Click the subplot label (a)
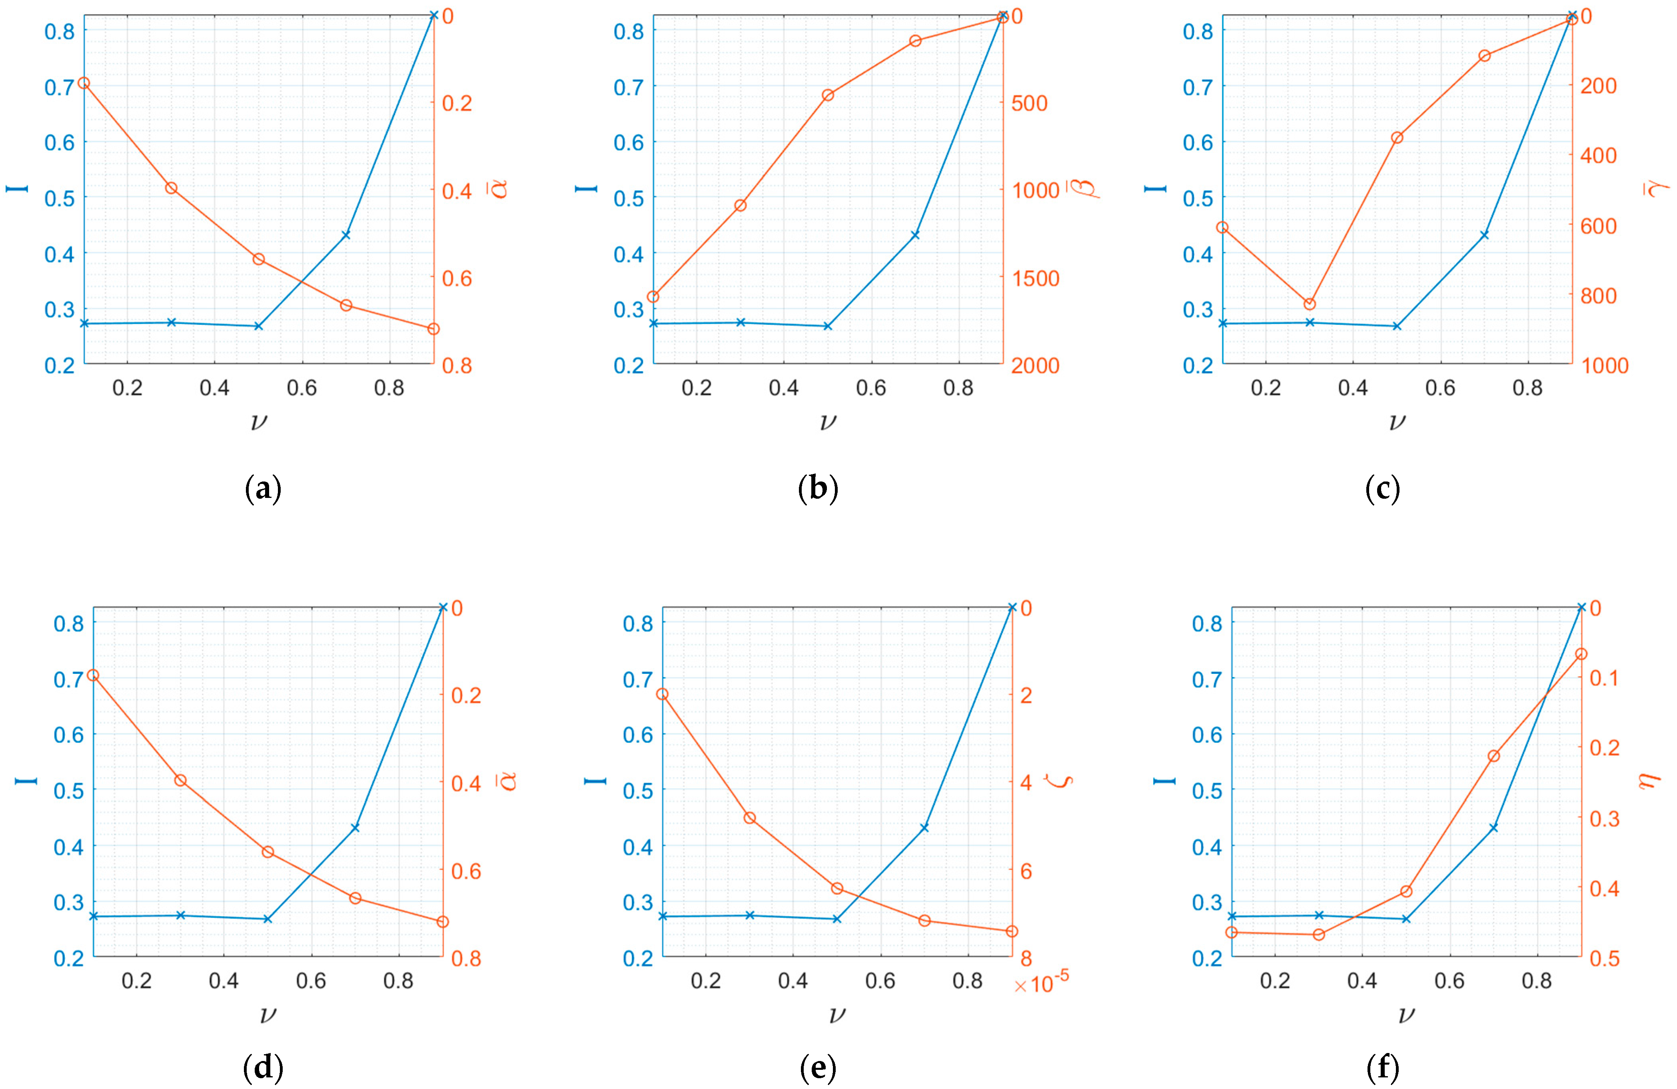tap(263, 488)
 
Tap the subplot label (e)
tap(818, 1068)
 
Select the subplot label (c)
tap(1382, 488)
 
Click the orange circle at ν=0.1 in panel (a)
tap(84, 83)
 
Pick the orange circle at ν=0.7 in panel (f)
tap(1493, 755)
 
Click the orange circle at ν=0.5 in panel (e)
tap(837, 888)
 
